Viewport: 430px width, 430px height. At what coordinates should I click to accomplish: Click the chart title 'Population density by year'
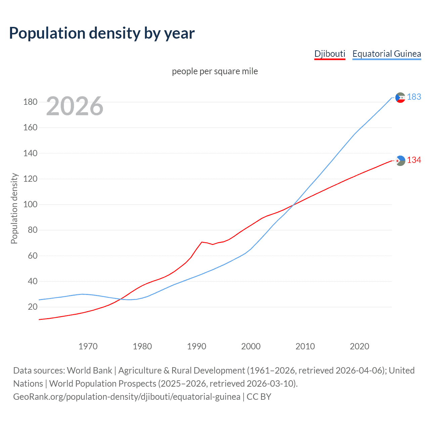[x=102, y=33]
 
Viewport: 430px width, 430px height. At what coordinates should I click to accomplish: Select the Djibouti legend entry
[x=330, y=54]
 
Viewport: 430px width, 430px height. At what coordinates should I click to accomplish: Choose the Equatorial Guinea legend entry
[x=386, y=54]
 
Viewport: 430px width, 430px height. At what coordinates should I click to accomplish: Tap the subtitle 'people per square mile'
[x=215, y=71]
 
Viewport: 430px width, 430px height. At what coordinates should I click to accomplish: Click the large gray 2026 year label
[x=75, y=106]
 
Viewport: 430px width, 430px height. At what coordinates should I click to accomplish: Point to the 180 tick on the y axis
[x=30, y=102]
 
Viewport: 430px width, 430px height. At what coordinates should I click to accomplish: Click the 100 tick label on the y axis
[x=30, y=204]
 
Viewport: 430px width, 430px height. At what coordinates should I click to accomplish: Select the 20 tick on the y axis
[x=33, y=307]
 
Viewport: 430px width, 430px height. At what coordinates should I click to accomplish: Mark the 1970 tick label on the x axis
[x=88, y=346]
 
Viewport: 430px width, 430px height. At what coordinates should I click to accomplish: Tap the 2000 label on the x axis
[x=251, y=346]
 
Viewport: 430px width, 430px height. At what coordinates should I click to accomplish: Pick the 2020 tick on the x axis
[x=359, y=346]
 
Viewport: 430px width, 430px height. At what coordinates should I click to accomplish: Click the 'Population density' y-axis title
[x=14, y=208]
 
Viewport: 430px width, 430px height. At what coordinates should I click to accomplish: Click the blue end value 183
[x=414, y=97]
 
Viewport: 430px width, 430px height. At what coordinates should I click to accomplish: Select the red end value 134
[x=414, y=160]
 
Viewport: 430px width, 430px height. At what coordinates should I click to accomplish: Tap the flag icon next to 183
[x=400, y=97]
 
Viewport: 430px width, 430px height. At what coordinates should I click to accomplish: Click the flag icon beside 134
[x=400, y=161]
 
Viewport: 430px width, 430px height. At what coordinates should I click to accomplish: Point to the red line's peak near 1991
[x=202, y=242]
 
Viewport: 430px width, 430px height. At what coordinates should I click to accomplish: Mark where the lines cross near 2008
[x=295, y=205]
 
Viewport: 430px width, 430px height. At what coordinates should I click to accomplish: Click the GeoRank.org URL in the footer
[x=127, y=397]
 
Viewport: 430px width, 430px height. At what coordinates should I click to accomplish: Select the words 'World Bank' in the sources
[x=89, y=371]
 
